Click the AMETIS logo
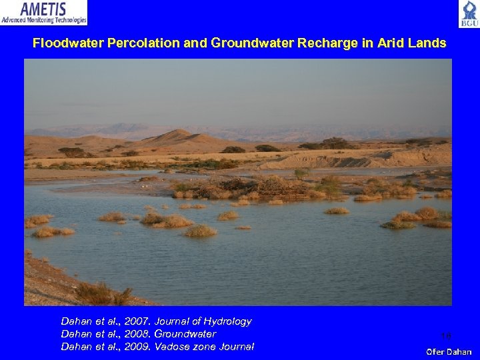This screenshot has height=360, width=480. pos(43,12)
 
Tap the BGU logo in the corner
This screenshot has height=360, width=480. pos(469,13)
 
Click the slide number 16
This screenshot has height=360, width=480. pos(446,337)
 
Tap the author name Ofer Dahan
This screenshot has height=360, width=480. pos(449,351)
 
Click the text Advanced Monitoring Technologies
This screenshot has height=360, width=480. pos(43,21)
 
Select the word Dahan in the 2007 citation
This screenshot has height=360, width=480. pos(75,321)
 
